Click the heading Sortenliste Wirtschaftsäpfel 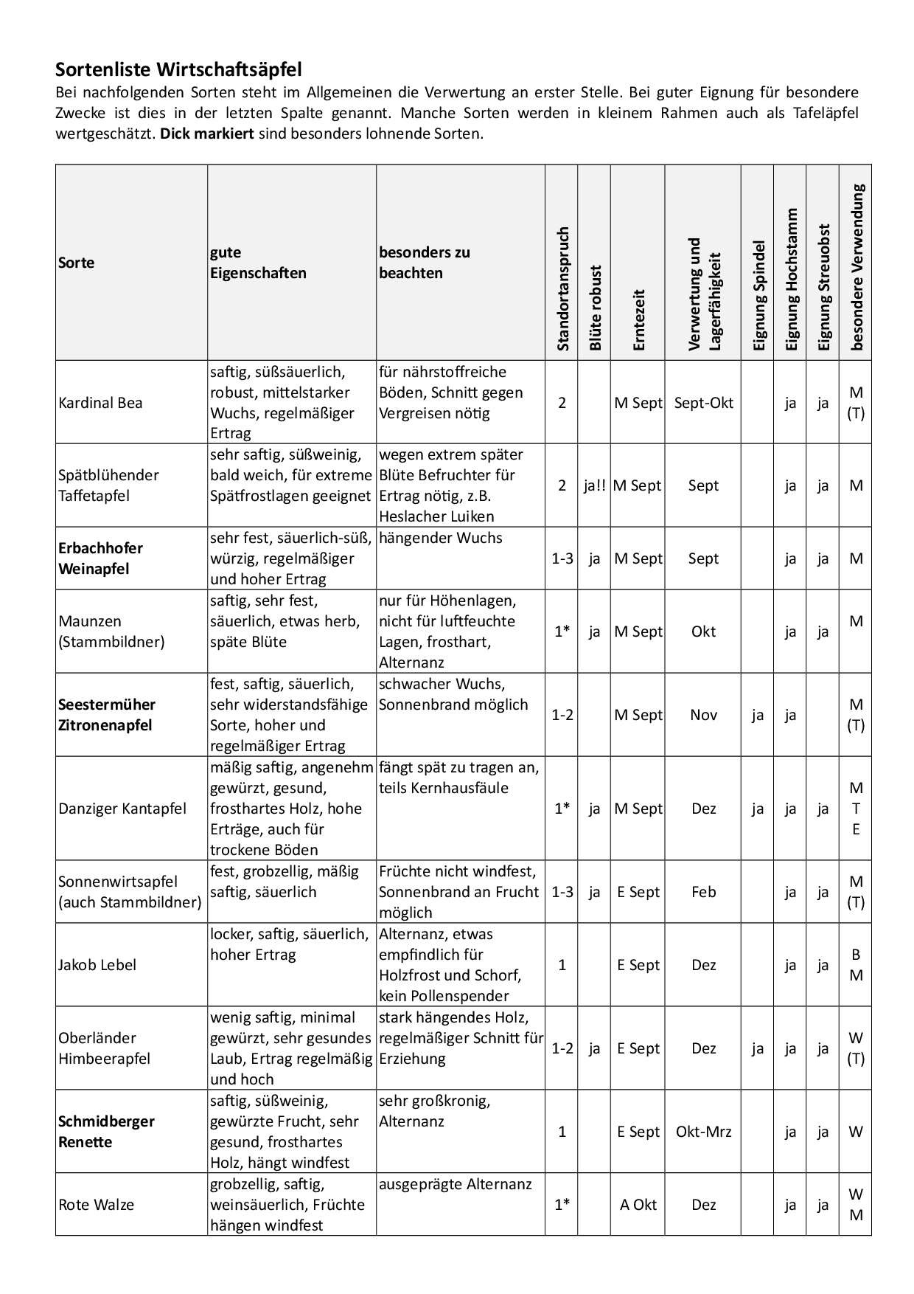pos(178,70)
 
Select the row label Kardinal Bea pos(100,403)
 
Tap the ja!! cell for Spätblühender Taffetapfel pos(594,485)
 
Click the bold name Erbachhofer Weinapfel pos(100,558)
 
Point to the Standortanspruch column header pos(562,288)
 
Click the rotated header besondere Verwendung pos(856,266)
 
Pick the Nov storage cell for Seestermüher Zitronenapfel pos(703,715)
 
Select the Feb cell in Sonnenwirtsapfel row pos(703,892)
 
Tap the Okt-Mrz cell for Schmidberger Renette pos(703,1132)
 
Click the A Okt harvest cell pos(638,1205)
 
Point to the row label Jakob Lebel pos(97,965)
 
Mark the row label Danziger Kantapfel pos(122,809)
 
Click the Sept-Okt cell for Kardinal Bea pos(703,403)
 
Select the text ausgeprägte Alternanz pos(455,1185)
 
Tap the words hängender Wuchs pos(440,538)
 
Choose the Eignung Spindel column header pos(758,295)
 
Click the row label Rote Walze pos(96,1205)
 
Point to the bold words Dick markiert pos(207,134)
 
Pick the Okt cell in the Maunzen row pos(703,632)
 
